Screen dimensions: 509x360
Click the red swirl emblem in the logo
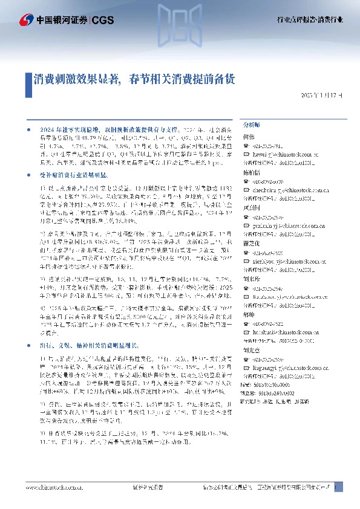tap(26, 20)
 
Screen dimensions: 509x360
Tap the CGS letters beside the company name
tap(102, 20)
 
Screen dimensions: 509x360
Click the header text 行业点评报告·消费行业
tap(312, 20)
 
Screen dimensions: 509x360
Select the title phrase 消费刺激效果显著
tap(76, 79)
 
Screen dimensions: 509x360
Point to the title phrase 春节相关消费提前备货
tap(182, 79)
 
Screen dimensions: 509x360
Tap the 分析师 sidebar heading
tap(251, 124)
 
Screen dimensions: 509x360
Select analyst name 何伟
tap(248, 137)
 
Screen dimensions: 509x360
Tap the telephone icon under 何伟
tap(245, 146)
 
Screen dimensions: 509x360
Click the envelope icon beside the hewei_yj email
tap(245, 154)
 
